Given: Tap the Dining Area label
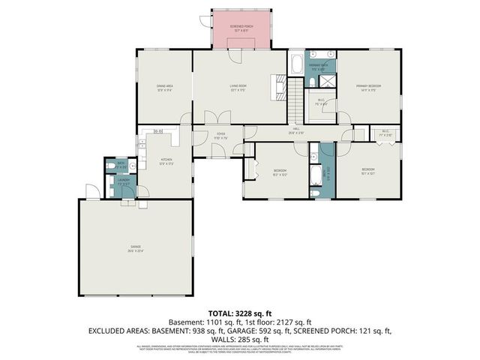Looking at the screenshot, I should [165, 87].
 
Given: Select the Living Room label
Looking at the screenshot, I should [239, 87].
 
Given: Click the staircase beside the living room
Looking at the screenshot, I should [297, 97].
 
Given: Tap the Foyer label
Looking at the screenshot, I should [220, 138].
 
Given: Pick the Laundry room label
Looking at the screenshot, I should [124, 181].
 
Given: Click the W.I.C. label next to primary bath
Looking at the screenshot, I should [321, 102].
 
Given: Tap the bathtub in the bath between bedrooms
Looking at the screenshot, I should [316, 172].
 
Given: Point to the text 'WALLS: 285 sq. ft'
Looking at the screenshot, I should [240, 338].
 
